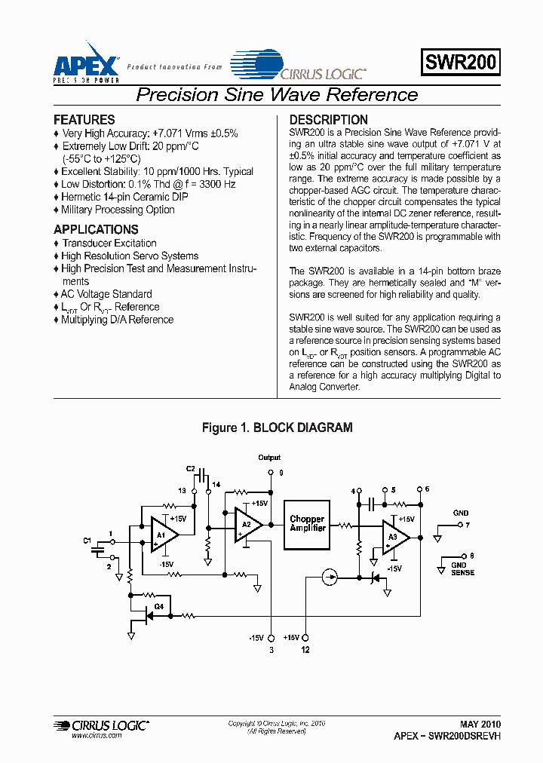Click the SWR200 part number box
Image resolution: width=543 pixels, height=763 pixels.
[x=461, y=63]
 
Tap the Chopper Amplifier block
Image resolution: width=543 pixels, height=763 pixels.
[x=307, y=524]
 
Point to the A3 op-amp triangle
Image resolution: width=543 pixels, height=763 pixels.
[x=395, y=538]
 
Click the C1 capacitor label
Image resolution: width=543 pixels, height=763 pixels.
[x=87, y=541]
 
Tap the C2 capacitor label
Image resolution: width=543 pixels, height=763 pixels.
[x=190, y=469]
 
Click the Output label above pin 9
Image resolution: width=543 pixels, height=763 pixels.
[x=269, y=458]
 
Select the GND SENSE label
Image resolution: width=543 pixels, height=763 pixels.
[x=462, y=568]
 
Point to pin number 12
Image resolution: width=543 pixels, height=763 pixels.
[x=305, y=649]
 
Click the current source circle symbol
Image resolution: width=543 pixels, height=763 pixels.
[x=330, y=578]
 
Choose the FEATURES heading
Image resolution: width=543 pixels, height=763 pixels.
[x=84, y=120]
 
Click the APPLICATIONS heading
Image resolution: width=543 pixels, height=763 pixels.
[x=96, y=229]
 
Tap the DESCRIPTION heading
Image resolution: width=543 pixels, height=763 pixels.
[x=329, y=120]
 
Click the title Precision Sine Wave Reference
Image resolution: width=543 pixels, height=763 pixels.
[x=276, y=95]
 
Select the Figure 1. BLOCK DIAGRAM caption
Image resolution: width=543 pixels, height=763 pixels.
[x=277, y=427]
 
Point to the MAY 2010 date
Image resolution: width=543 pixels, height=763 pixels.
[x=480, y=722]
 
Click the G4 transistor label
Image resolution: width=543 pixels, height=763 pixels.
[x=158, y=606]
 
